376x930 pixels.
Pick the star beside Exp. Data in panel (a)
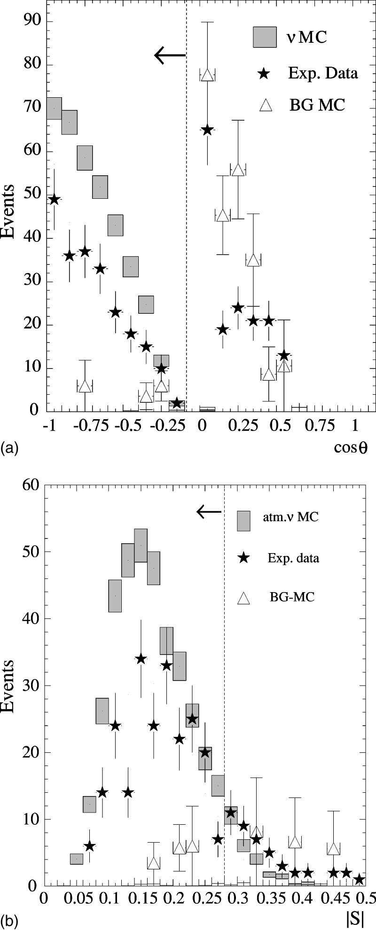click(x=264, y=73)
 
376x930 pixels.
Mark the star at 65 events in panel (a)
click(x=207, y=130)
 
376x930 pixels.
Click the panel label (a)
click(x=9, y=449)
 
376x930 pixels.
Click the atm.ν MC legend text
click(x=291, y=518)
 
